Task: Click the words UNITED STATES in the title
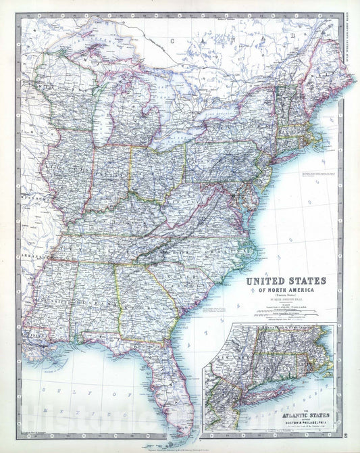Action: (285, 281)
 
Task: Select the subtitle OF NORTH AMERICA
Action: (285, 290)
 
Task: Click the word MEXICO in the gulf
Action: (47, 410)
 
